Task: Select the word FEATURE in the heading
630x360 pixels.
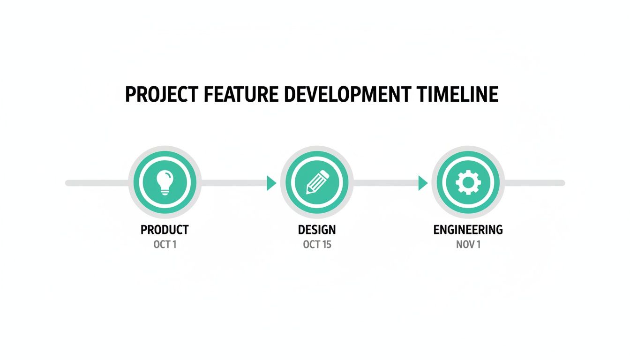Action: pos(238,95)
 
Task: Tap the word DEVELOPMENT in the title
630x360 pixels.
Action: pos(346,95)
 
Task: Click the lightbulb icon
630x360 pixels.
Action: pos(165,182)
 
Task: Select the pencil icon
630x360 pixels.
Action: pos(317,182)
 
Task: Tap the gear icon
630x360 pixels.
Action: pos(467,182)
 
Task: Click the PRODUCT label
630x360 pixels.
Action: pos(165,230)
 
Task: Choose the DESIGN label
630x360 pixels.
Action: pos(317,230)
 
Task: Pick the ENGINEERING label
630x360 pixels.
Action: pos(468,230)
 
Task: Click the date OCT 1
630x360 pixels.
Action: pos(165,245)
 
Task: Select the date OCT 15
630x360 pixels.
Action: pos(317,245)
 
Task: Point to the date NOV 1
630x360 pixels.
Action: pos(468,245)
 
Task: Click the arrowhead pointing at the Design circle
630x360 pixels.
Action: pos(271,183)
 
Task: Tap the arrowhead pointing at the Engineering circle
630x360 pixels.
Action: pos(422,183)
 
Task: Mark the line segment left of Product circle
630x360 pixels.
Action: pos(96,183)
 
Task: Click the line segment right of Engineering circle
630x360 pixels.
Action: pos(534,183)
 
